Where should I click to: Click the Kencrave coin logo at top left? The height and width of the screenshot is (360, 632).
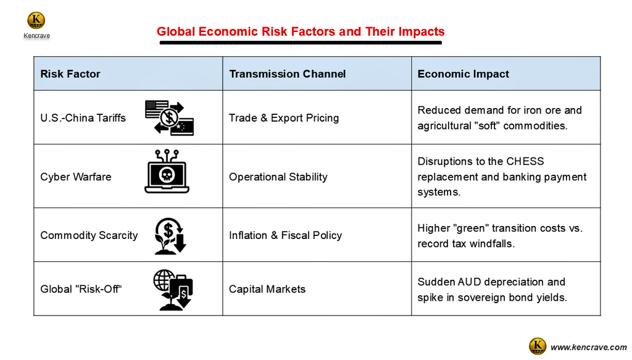(x=36, y=20)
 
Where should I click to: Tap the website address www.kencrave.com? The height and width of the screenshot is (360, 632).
(x=588, y=347)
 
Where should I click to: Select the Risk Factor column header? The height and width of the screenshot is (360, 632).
(x=70, y=73)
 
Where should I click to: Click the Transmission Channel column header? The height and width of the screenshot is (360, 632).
(x=288, y=73)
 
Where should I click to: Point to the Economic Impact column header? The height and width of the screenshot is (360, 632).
(x=463, y=73)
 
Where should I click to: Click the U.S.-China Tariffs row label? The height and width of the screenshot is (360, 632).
(x=83, y=118)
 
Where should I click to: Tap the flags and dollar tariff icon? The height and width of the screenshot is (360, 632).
(x=169, y=118)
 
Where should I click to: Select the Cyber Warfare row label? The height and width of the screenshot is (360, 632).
(x=76, y=177)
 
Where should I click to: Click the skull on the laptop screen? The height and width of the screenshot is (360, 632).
(x=167, y=175)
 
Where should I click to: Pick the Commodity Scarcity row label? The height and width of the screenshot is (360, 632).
(x=89, y=235)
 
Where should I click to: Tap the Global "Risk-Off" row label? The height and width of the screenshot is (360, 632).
(x=81, y=289)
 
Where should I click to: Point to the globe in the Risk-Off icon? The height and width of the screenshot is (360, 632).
(x=164, y=280)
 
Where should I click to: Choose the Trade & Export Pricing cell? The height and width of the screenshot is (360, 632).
(x=284, y=118)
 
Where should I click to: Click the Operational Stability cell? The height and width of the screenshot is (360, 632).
(x=278, y=177)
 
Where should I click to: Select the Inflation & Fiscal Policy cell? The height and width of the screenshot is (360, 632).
(x=285, y=235)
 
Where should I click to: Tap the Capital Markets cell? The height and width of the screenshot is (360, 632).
(x=267, y=289)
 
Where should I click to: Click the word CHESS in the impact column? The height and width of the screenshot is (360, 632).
(x=525, y=161)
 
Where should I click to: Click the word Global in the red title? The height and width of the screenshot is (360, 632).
(x=176, y=31)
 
